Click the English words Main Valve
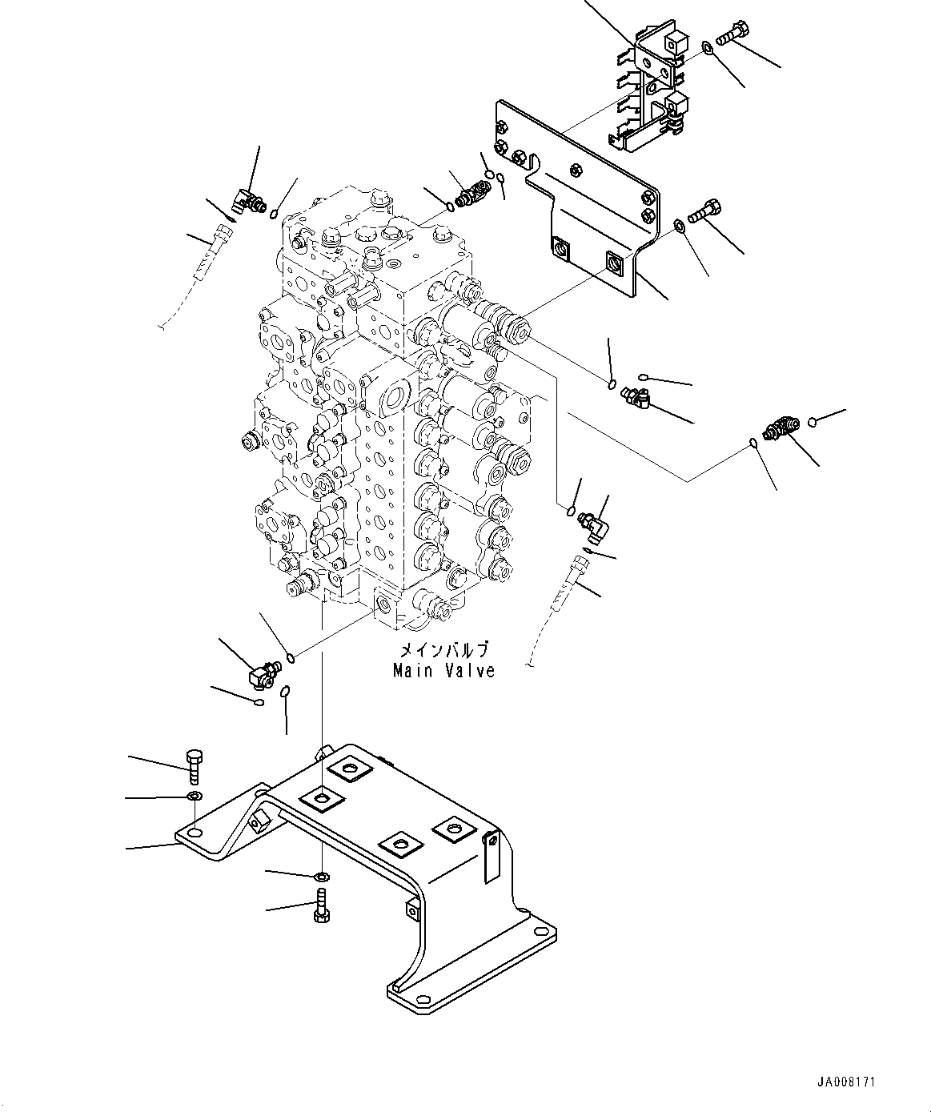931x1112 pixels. pos(443,671)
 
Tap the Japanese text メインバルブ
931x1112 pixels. pos(443,651)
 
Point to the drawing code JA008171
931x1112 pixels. pos(848,1082)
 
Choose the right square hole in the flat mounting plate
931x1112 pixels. pos(615,262)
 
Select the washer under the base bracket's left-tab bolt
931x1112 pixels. pos(194,796)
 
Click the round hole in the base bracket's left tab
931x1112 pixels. pos(195,835)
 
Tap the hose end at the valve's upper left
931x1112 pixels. pos(221,239)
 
